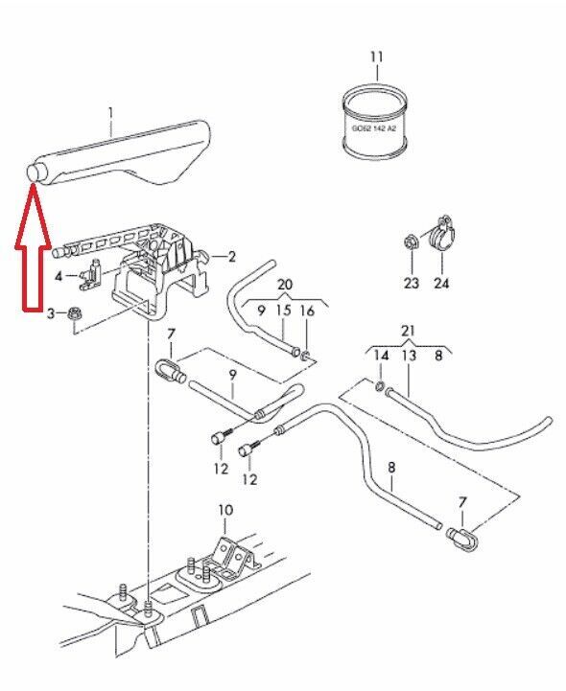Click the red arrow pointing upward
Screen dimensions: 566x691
pyautogui.click(x=33, y=247)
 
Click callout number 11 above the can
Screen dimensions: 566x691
pyautogui.click(x=376, y=58)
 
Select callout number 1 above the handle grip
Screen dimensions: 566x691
pyautogui.click(x=110, y=114)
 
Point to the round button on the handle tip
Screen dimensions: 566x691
pyautogui.click(x=34, y=173)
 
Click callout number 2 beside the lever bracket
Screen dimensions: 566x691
pyautogui.click(x=231, y=257)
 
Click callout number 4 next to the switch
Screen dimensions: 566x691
pyautogui.click(x=59, y=277)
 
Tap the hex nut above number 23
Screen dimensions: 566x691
pyautogui.click(x=411, y=242)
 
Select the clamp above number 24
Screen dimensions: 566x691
pyautogui.click(x=443, y=235)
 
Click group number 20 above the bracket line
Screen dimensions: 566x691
pyautogui.click(x=285, y=285)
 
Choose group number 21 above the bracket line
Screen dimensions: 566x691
pyautogui.click(x=408, y=331)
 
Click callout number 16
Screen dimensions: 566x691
pyautogui.click(x=308, y=311)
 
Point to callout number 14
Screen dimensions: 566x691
pyautogui.click(x=381, y=356)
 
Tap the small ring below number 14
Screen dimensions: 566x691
pyautogui.click(x=379, y=387)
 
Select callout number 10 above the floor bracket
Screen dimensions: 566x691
pyautogui.click(x=225, y=510)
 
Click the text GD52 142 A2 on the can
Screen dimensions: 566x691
pyautogui.click(x=374, y=128)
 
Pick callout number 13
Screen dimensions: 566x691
pyautogui.click(x=409, y=356)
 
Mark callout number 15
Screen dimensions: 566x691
pyautogui.click(x=284, y=311)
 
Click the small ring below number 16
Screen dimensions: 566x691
pyautogui.click(x=305, y=355)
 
